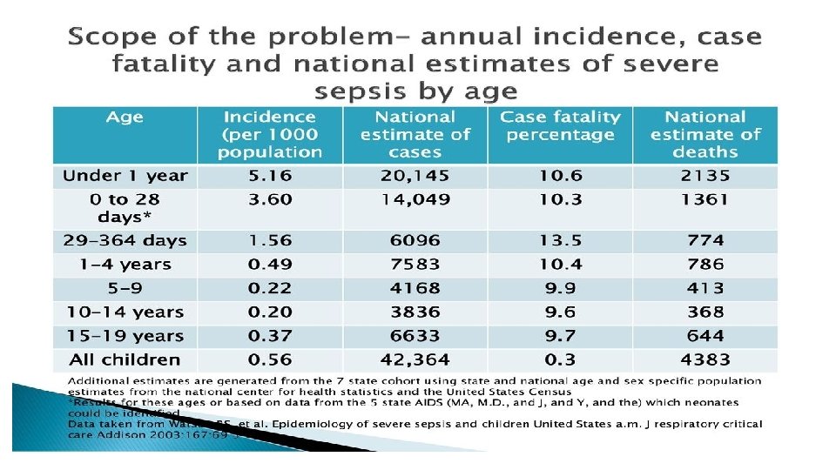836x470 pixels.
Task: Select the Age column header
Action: pos(125,117)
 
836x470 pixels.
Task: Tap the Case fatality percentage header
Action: pos(560,125)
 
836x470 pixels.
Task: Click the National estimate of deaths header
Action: pos(705,134)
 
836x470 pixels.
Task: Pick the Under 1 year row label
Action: pos(125,176)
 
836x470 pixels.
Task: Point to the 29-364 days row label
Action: pos(125,240)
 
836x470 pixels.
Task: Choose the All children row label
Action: pos(125,359)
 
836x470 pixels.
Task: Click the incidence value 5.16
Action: pos(270,176)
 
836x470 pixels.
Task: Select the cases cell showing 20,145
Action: pos(415,176)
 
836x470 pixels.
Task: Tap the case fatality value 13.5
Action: pos(560,240)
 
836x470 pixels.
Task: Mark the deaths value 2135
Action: pos(705,176)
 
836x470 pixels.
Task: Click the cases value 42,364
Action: pos(415,359)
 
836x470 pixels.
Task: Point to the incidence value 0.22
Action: pos(270,288)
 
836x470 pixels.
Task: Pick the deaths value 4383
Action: pos(705,359)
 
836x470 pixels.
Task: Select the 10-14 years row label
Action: pos(125,312)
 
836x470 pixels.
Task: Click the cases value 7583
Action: pos(415,264)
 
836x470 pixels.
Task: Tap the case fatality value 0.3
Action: pos(560,359)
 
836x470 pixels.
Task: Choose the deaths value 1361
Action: pos(705,199)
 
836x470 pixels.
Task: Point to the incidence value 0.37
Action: pos(270,336)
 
